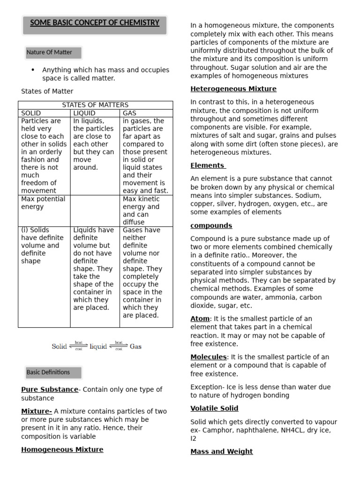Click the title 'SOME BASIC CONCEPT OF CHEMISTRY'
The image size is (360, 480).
coord(95,22)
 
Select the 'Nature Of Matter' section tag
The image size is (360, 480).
coord(49,52)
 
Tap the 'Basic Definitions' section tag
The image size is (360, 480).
coord(48,372)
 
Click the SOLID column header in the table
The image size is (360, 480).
coord(31,113)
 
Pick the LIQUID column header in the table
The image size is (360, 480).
coord(84,113)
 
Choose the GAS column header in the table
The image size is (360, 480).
coord(129,113)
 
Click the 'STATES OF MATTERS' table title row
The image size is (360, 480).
coord(95,105)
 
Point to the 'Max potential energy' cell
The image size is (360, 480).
coord(43,202)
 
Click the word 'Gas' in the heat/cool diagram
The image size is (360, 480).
coord(135,346)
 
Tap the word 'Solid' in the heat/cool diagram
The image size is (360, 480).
coord(60,346)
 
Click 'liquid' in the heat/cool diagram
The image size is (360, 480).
coord(98,346)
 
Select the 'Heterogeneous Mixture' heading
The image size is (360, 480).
coord(233,89)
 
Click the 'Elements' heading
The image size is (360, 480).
coord(208,165)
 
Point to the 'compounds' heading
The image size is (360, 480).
coord(211,225)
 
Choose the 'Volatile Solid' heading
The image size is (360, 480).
coord(214,408)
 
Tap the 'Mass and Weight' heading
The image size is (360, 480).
coord(221,451)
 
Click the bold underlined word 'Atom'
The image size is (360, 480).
coord(200,318)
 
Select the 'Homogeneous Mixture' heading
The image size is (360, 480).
coord(62,450)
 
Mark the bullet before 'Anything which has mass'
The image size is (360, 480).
coord(33,70)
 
